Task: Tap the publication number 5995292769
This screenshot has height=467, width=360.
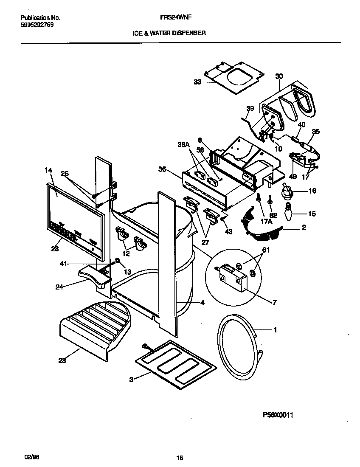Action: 37,25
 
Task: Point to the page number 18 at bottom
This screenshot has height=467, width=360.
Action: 179,458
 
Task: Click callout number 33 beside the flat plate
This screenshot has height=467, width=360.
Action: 197,82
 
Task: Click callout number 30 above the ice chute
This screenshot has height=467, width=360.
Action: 279,76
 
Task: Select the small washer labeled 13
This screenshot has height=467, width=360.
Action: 117,260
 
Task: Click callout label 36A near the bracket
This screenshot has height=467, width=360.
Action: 183,144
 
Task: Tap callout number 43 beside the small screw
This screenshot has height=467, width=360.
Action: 229,232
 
